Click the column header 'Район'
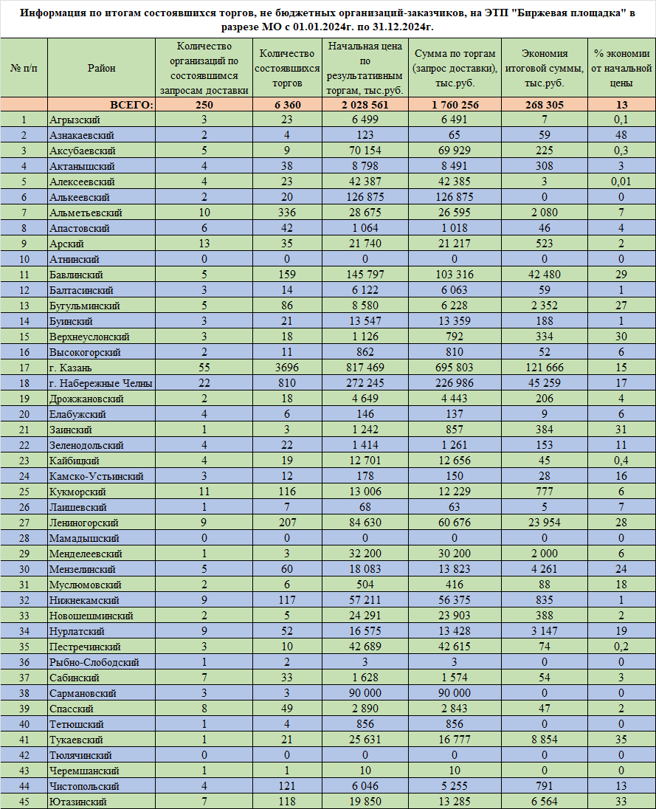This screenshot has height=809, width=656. click(101, 68)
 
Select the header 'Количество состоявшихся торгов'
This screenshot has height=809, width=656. click(286, 68)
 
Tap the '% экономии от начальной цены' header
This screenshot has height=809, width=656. click(621, 68)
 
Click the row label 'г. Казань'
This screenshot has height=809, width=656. click(71, 368)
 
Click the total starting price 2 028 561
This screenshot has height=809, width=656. click(359, 105)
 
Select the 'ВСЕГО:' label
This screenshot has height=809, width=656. click(131, 105)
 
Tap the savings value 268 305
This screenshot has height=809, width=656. click(544, 105)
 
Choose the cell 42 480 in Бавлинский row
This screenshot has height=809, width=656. click(544, 275)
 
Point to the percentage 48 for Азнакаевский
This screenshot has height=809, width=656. click(621, 135)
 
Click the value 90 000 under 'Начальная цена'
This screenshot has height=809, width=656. click(359, 693)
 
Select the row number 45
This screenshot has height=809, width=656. click(24, 802)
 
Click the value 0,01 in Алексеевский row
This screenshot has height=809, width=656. click(621, 182)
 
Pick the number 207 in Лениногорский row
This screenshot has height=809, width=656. click(286, 523)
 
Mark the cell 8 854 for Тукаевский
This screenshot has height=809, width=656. click(544, 740)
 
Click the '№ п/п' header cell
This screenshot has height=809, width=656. click(24, 68)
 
